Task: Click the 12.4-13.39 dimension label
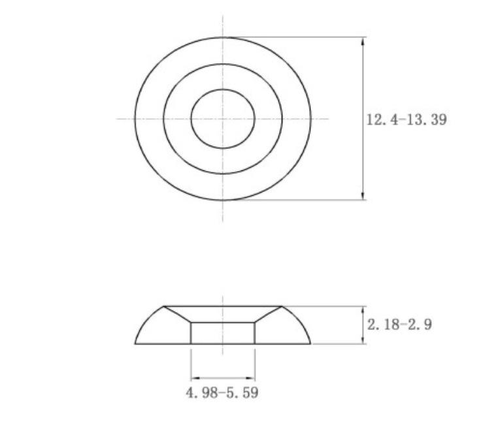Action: pos(406,120)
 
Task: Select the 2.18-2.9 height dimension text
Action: pos(399,324)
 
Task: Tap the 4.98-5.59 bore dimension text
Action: pos(222,393)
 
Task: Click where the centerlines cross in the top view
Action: pos(223,119)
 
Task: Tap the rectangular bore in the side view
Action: pos(223,332)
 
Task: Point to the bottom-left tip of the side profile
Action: pos(136,343)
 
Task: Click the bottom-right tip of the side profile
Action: pos(311,343)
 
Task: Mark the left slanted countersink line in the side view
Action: pos(177,314)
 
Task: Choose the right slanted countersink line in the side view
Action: pos(268,314)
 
